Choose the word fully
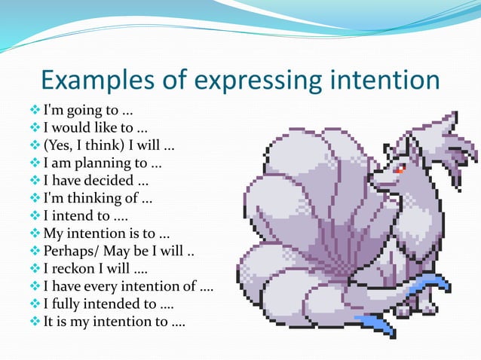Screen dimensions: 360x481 point(69,303)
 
